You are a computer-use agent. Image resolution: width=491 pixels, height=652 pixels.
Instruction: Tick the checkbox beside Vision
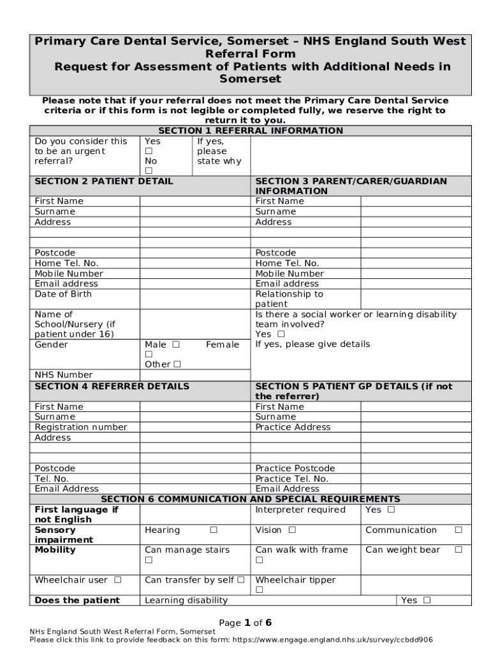point(291,530)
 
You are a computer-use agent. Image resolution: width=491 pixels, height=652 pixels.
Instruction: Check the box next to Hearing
point(214,530)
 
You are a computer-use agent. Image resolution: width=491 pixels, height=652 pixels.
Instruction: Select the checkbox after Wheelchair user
point(117,580)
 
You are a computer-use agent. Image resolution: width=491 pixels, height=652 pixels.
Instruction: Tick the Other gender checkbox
point(177,365)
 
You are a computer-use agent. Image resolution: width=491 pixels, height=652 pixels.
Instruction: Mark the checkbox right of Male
point(176,344)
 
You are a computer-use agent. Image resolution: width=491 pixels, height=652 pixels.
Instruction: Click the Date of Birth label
point(63,294)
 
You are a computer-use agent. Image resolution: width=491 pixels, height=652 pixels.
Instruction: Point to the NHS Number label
point(63,375)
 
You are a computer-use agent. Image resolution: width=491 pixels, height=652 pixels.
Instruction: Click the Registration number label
point(80,427)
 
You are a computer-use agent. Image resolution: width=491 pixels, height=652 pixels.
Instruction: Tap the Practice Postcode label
point(295,469)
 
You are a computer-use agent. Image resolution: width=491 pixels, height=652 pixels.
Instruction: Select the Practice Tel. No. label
point(291,479)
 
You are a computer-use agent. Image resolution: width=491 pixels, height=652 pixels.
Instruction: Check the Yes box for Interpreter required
point(390,510)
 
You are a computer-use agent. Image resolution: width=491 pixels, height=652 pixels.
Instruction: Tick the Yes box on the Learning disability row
point(427,600)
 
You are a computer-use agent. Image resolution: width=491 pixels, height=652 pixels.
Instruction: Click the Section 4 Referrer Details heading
point(112,386)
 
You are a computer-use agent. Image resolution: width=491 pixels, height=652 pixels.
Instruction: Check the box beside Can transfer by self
point(240,580)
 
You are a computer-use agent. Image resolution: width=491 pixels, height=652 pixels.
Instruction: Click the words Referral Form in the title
point(250,54)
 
